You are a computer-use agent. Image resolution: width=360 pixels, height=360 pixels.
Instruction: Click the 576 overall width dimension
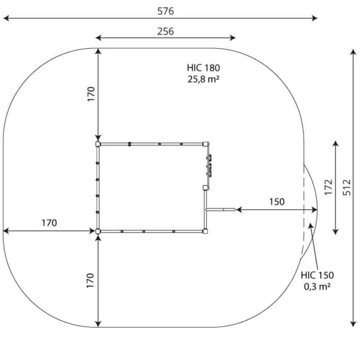(166, 11)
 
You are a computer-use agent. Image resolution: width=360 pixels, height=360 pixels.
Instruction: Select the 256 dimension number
(166, 31)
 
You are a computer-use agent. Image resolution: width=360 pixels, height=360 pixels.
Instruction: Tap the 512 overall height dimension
(347, 187)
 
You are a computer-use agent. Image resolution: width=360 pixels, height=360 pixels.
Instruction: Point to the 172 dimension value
(329, 187)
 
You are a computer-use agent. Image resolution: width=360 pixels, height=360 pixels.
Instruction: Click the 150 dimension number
(277, 202)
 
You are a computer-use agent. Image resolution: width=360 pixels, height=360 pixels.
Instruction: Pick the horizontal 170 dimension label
(49, 223)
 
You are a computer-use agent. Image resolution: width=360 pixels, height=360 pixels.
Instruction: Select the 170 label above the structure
(91, 94)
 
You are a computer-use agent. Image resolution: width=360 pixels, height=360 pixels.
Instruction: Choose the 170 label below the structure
(90, 281)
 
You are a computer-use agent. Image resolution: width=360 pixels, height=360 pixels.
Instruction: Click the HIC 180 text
(203, 68)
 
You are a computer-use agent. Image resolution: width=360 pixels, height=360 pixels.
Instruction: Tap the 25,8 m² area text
(203, 79)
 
